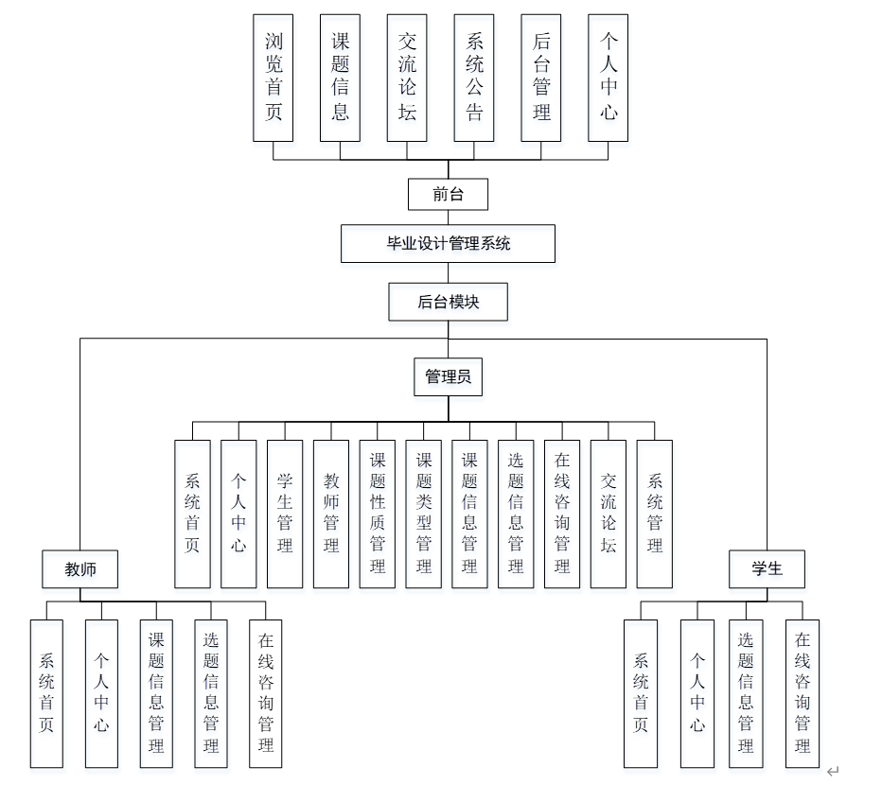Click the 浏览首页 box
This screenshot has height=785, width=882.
(273, 78)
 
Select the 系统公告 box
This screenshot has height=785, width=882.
(474, 78)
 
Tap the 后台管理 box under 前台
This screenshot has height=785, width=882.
(541, 78)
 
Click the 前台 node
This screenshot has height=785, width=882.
(449, 195)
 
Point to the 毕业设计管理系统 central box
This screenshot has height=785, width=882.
(448, 243)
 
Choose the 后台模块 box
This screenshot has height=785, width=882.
(449, 303)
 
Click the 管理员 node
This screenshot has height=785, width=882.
(449, 376)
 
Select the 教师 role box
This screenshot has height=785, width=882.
(79, 569)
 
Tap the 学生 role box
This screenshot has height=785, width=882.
(767, 569)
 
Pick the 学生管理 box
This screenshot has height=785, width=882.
(285, 514)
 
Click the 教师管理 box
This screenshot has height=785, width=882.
(331, 514)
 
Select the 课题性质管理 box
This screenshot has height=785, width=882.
(378, 514)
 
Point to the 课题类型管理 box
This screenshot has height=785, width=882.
(424, 514)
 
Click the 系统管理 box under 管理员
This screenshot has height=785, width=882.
(655, 514)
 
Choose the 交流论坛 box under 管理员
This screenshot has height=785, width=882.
(609, 514)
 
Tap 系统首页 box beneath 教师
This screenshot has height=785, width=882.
(46, 693)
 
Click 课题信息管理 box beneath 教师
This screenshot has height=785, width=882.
(156, 693)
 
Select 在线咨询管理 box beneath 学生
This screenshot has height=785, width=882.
(803, 693)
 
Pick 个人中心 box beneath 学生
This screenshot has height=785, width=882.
(697, 693)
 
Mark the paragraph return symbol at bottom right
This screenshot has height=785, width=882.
(833, 772)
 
